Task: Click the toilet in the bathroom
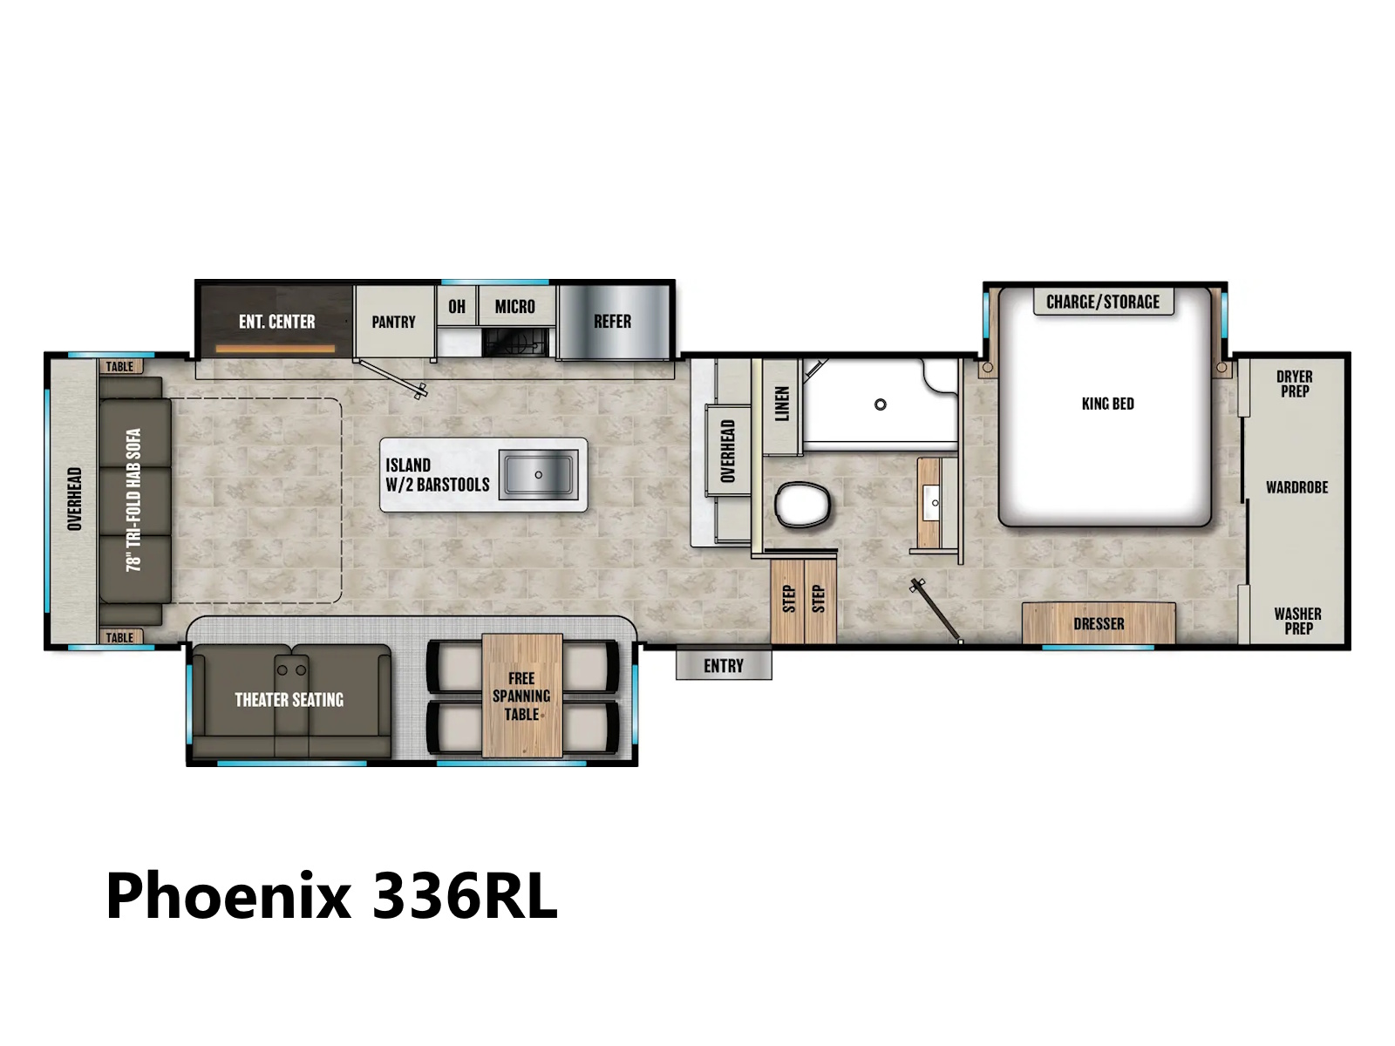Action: click(803, 505)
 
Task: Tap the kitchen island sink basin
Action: click(538, 474)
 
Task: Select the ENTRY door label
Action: click(724, 666)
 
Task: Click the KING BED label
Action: click(1108, 404)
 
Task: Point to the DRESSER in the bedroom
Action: click(1099, 623)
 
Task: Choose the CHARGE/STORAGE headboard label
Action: click(1103, 302)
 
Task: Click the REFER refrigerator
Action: click(613, 322)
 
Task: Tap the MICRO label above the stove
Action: click(514, 307)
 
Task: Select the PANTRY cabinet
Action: click(394, 322)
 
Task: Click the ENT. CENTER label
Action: click(277, 322)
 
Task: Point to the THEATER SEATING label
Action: click(289, 700)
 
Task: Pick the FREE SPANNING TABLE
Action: click(521, 696)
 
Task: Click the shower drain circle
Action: click(881, 404)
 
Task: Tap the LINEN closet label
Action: click(782, 404)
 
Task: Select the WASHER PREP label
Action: click(1297, 621)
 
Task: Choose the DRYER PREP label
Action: click(1295, 384)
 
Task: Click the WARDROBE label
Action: click(1297, 488)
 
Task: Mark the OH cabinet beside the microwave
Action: click(456, 306)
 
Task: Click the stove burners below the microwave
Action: click(514, 343)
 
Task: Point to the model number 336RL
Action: click(465, 896)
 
